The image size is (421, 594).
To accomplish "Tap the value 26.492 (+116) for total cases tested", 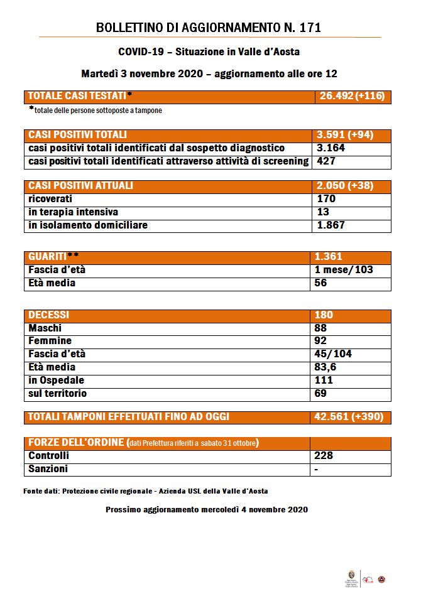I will point(351,96).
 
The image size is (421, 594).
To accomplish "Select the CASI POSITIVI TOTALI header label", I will point(78,135).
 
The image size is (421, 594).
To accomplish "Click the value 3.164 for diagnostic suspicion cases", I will point(332,148).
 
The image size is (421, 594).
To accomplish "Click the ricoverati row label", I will point(52,199).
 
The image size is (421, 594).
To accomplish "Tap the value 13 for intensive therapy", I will point(324,212).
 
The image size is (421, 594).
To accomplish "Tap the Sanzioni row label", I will point(48,469).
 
